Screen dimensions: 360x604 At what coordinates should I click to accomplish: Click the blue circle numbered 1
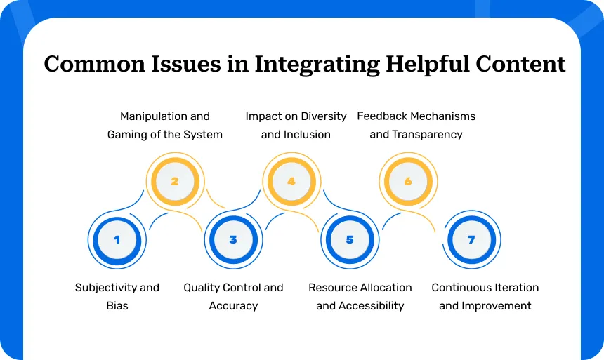pos(117,240)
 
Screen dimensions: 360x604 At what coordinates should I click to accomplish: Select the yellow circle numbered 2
pos(175,182)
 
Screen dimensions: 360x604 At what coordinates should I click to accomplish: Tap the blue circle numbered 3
pos(233,240)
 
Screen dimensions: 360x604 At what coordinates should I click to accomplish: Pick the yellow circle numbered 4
pos(291,182)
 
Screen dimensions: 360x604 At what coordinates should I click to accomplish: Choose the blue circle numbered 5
pos(350,240)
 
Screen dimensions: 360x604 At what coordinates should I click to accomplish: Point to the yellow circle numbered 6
pos(408,182)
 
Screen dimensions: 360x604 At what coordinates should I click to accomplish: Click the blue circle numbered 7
pos(471,240)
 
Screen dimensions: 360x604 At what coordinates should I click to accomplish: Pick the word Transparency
pos(426,134)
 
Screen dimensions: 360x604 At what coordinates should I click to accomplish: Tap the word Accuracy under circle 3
pos(233,306)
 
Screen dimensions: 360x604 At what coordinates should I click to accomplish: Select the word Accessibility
pos(371,306)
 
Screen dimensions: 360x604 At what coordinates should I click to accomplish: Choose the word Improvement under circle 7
pos(495,306)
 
